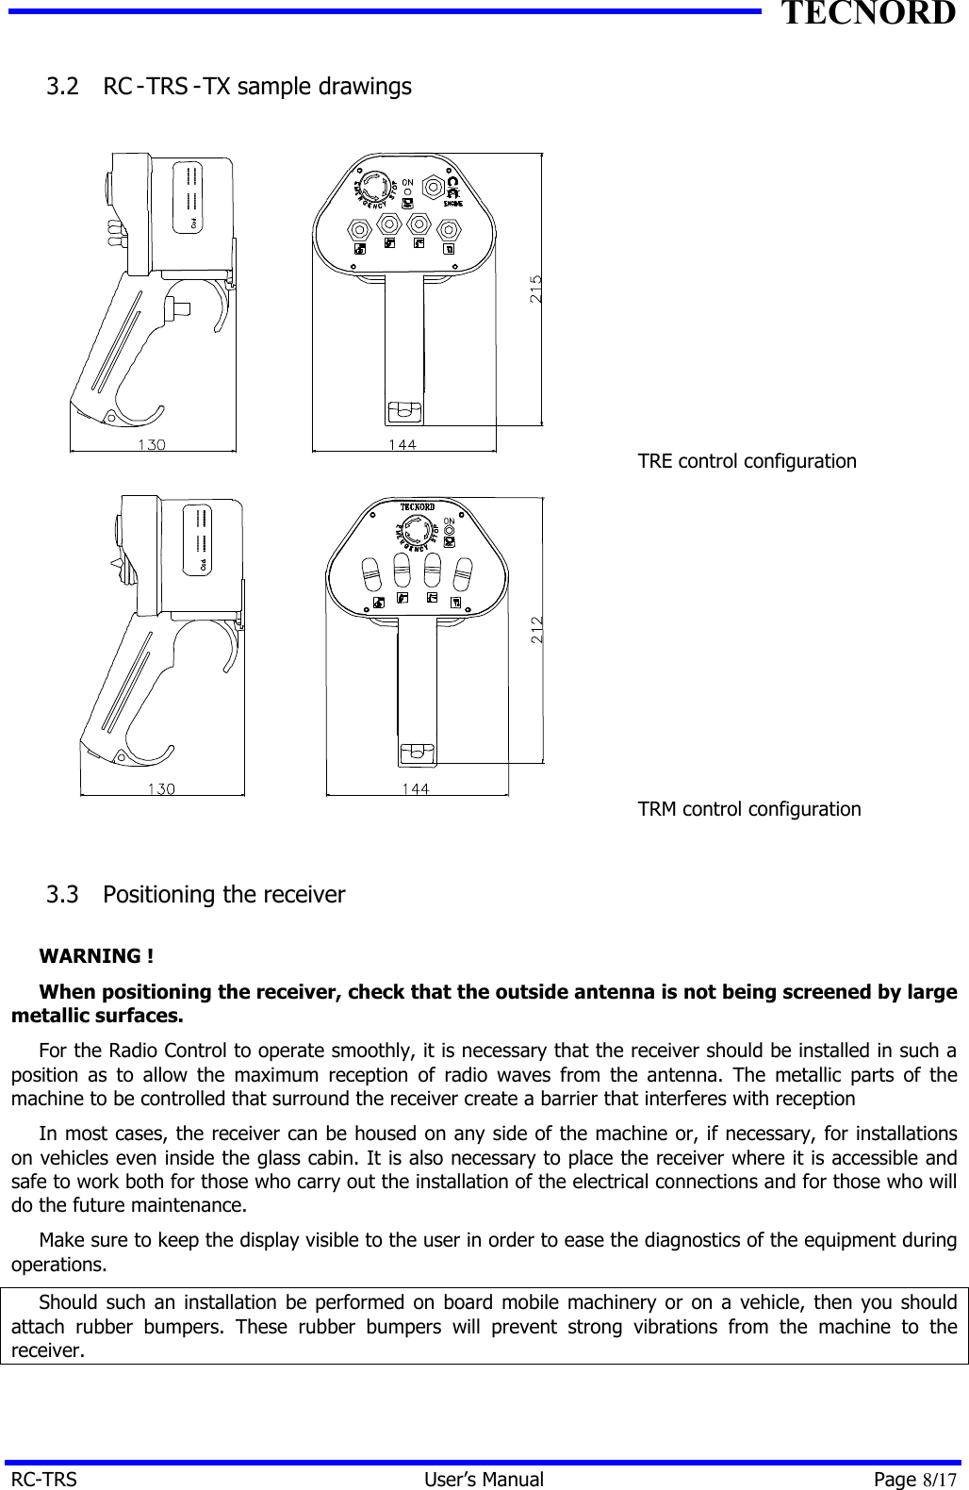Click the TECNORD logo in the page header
coord(867,14)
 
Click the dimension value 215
coord(535,288)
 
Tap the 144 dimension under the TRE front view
coord(404,444)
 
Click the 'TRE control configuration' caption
coord(747,461)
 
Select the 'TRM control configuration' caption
coord(748,809)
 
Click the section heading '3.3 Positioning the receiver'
coord(196,894)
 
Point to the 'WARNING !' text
coord(97,956)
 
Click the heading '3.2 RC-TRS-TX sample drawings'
coord(229,87)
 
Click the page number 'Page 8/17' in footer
coord(914,1479)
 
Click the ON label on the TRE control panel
coord(408,182)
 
